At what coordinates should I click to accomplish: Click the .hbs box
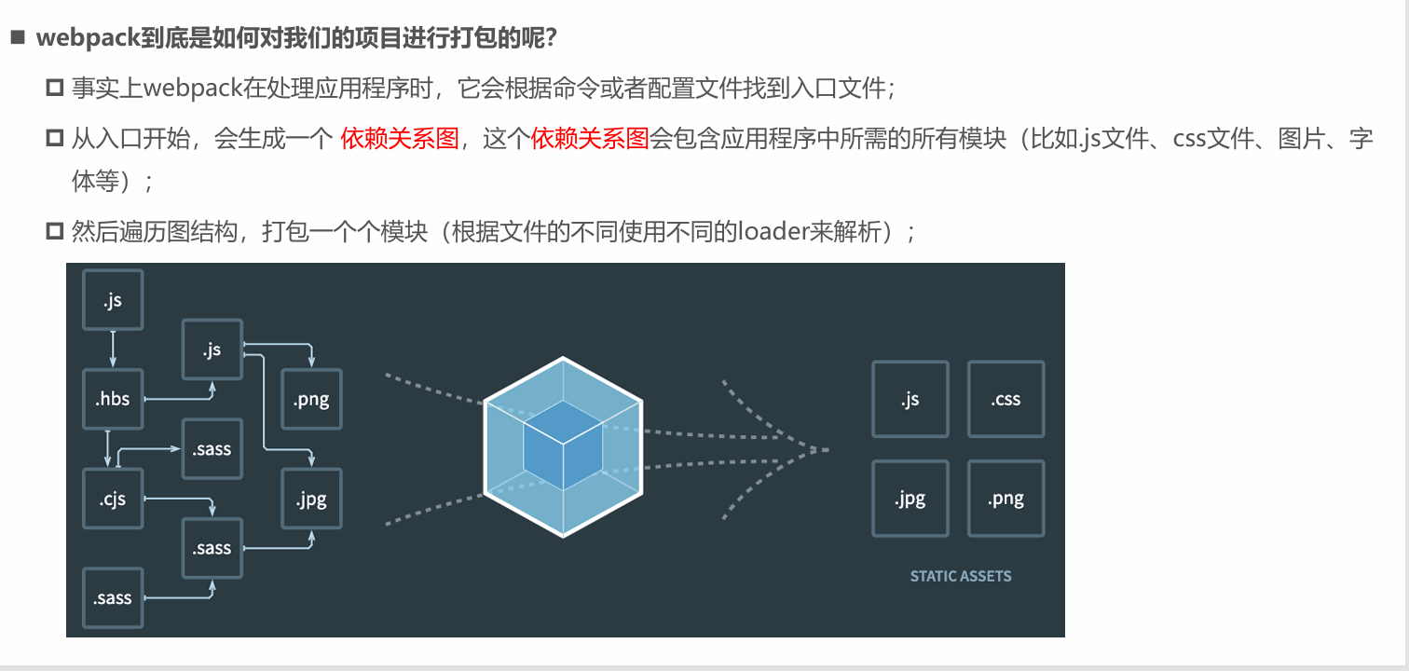[x=113, y=399]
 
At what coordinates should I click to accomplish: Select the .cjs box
[x=113, y=499]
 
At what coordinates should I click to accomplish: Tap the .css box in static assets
[x=1006, y=399]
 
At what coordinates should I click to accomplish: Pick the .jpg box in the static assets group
[x=910, y=499]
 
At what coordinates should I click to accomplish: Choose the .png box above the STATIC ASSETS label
[x=1006, y=499]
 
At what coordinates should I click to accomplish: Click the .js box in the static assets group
[x=910, y=399]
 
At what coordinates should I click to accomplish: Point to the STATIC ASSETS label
[x=960, y=576]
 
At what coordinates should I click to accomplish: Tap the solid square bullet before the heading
[x=16, y=39]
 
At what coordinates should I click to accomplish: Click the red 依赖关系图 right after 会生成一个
[x=400, y=140]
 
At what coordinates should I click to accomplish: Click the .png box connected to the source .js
[x=312, y=399]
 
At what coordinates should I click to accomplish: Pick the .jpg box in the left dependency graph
[x=312, y=499]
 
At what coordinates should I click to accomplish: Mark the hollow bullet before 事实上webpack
[x=53, y=89]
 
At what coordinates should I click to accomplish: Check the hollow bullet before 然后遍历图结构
[x=53, y=231]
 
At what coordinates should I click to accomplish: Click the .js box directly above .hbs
[x=113, y=300]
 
